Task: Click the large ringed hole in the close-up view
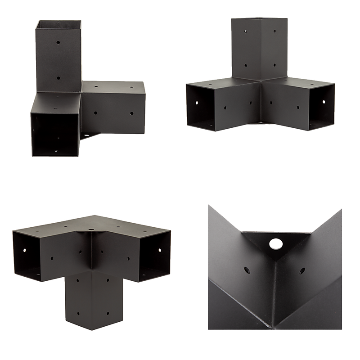(x=274, y=244)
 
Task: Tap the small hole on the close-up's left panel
(x=247, y=270)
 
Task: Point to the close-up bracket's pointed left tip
(x=207, y=205)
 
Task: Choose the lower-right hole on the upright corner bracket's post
(x=273, y=65)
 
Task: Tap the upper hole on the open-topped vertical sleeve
(x=58, y=43)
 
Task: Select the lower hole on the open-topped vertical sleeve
(x=58, y=77)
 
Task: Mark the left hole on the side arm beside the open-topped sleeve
(x=96, y=109)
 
